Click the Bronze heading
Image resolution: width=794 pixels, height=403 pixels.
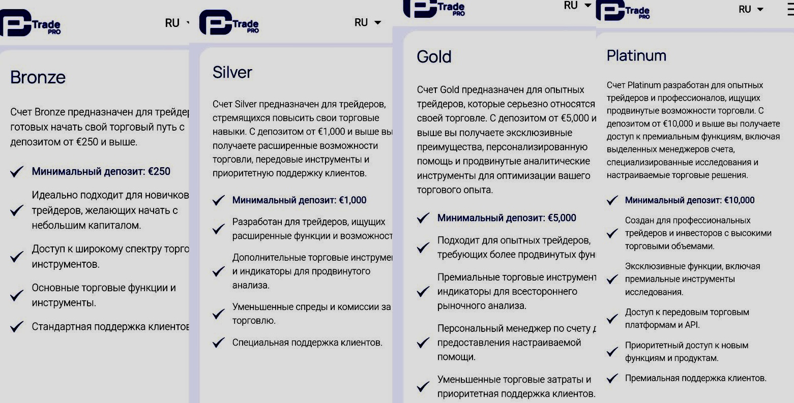[x=38, y=78]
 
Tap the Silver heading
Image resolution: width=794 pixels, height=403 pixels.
[x=232, y=73]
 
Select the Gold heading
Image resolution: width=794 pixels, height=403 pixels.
[x=434, y=57]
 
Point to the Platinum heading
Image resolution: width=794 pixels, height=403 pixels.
[x=636, y=56]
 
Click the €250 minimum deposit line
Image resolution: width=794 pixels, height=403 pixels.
[x=101, y=172]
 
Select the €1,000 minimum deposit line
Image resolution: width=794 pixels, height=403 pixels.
[x=299, y=200]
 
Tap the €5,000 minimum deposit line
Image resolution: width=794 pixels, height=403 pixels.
[x=507, y=219]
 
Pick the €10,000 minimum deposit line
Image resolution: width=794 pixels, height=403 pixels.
[x=689, y=200]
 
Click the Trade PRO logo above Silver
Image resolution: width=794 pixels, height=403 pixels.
[x=229, y=23]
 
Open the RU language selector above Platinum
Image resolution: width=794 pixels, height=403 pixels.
[x=751, y=10]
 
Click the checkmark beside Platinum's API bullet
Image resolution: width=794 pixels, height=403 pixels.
[x=612, y=319]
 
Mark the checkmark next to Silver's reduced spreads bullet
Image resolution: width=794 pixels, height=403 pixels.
[x=219, y=314]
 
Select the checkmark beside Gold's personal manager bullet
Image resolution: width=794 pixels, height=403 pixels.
[x=423, y=343]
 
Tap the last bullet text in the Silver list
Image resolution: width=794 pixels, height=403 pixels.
[x=307, y=343]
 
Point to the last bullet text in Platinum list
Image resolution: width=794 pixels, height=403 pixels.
[x=695, y=378]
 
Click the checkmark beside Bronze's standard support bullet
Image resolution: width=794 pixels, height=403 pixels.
[x=17, y=327]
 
